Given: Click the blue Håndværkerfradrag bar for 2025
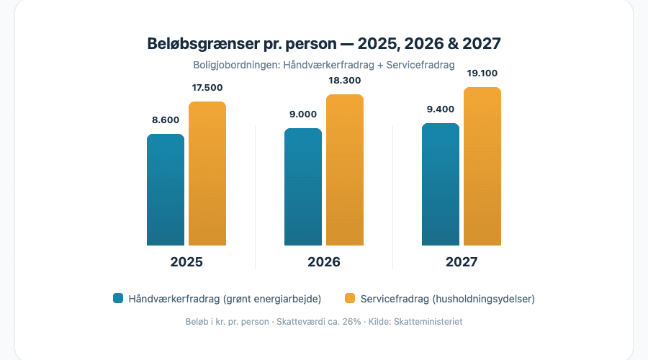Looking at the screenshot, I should click(x=166, y=190).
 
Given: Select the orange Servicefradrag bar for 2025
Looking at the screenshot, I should click(x=207, y=174).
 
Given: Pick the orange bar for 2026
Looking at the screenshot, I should click(x=345, y=170).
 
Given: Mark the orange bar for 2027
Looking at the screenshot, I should click(x=482, y=166).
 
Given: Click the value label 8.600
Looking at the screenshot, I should click(x=166, y=120).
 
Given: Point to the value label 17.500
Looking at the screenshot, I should click(x=207, y=88).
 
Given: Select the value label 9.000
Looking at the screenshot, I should click(x=303, y=114).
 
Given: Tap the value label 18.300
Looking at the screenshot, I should click(x=345, y=81).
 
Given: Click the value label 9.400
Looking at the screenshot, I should click(x=441, y=109).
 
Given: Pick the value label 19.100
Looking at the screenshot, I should click(x=482, y=73).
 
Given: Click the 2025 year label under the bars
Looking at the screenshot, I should click(x=186, y=262).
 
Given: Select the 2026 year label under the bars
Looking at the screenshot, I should click(x=324, y=262).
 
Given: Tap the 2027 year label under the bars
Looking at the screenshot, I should click(x=462, y=262).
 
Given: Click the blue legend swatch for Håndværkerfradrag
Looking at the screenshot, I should click(x=118, y=298).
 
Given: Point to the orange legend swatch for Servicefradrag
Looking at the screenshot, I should click(x=351, y=298).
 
